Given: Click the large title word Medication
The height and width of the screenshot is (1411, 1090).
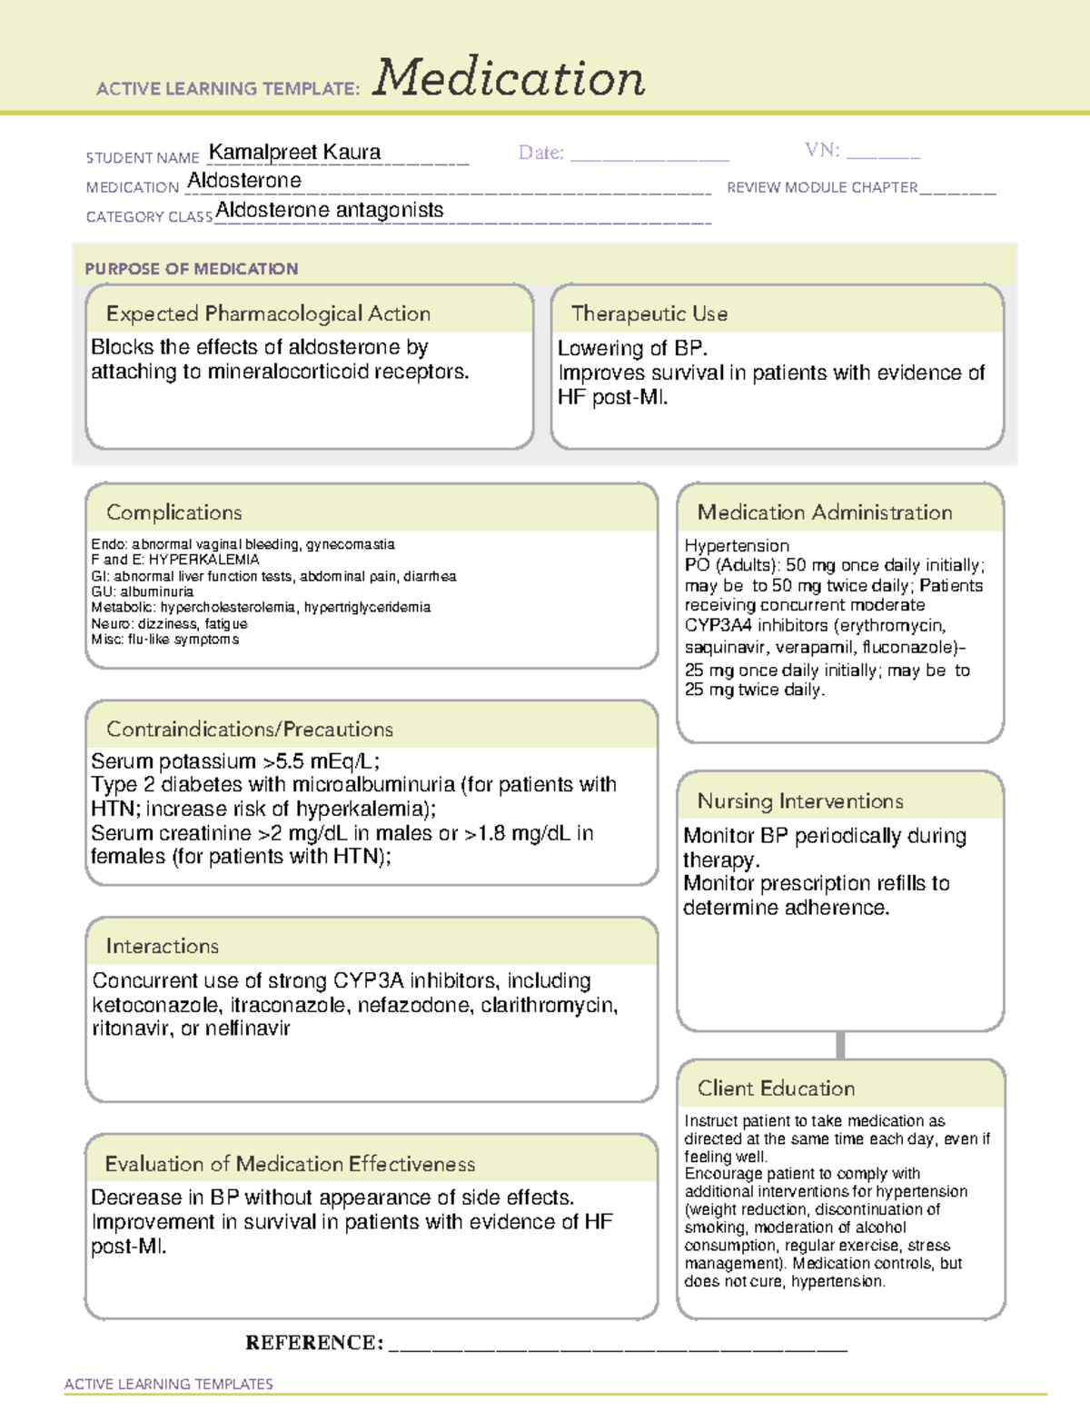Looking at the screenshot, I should click(508, 78).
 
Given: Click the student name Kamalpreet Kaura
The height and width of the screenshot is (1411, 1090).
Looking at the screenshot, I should click(294, 152).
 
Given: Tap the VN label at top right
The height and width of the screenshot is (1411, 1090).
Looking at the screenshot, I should click(821, 150).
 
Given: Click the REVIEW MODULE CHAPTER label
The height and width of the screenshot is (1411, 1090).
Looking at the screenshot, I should click(822, 187).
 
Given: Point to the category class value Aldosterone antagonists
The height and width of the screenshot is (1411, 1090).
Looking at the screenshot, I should click(330, 210).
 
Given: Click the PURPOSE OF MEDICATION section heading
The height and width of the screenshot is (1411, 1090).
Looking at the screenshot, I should click(192, 269).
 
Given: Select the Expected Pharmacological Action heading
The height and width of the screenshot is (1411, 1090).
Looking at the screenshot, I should click(268, 313).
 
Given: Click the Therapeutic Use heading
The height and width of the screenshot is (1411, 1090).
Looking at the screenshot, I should click(649, 313).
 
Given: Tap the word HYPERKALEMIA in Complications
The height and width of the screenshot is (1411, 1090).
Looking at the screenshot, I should click(203, 560).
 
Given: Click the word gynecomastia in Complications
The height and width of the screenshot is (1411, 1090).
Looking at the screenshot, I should click(351, 544).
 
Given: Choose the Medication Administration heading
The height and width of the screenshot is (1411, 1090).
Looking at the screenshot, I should click(824, 512).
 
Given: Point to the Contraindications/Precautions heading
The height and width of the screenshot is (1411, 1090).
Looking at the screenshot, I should click(250, 729).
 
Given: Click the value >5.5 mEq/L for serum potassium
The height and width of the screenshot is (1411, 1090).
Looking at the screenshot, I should click(321, 761).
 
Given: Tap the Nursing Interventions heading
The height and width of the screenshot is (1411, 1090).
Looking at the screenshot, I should click(800, 801).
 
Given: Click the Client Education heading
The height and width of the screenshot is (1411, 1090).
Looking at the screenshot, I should click(776, 1088).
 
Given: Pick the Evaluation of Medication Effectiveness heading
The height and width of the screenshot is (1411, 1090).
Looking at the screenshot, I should click(290, 1164).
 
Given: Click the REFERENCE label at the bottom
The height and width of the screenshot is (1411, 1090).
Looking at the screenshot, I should click(313, 1342).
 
